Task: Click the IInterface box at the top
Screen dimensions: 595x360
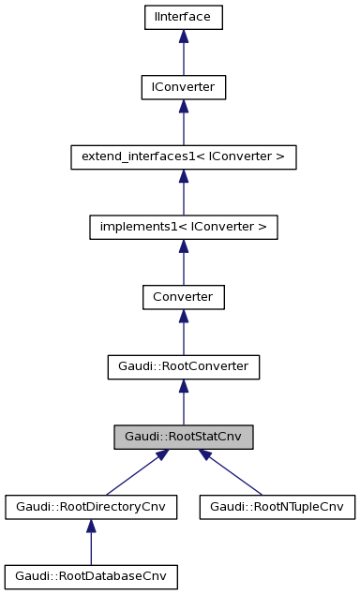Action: tap(184, 17)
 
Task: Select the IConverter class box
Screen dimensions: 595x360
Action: tap(184, 87)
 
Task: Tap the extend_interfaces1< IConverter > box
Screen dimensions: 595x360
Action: tap(184, 157)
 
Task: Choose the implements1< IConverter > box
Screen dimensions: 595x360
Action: tap(184, 228)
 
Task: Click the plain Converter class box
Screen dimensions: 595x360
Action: tap(184, 298)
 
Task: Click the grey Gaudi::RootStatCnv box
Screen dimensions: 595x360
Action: tap(184, 438)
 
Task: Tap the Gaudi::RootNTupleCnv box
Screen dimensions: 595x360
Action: tap(277, 508)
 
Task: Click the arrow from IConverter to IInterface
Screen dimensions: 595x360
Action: tap(184, 52)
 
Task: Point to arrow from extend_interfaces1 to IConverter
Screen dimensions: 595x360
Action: tap(184, 123)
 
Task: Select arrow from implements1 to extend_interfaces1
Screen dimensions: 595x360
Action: tap(184, 193)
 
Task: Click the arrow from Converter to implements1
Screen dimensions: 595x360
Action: tap(184, 263)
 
